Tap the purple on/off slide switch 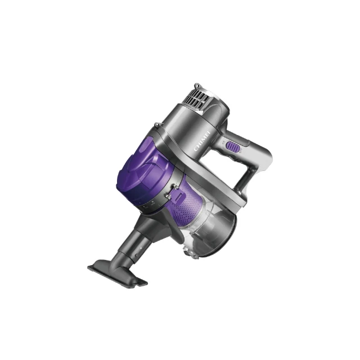(233, 146)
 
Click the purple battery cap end (143, 171)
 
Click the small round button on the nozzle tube (137, 255)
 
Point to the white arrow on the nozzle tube (141, 248)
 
